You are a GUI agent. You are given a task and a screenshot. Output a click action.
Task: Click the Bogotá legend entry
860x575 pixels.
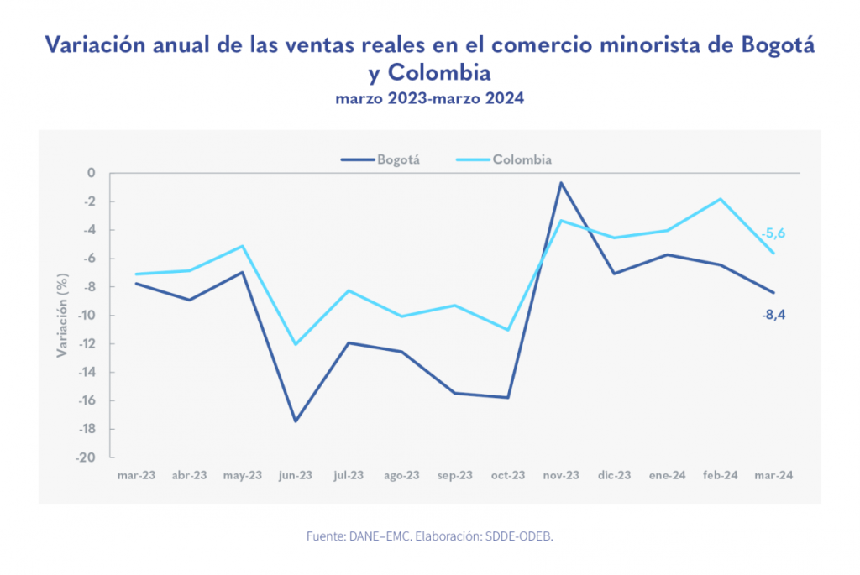coord(380,159)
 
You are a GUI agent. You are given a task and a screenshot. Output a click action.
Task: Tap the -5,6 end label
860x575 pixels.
coord(773,233)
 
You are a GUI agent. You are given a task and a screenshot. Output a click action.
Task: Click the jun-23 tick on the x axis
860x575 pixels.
coord(295,475)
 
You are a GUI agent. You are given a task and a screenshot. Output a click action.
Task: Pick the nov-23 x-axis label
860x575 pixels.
coord(561,475)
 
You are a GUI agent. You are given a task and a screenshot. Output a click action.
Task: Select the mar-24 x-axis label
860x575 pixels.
coord(774,475)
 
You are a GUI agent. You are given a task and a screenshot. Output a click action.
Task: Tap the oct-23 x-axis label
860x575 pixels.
coord(508,475)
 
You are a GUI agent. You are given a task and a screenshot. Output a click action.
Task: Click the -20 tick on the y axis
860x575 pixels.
coord(87,458)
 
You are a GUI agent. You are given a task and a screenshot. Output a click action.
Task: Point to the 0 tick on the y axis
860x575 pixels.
coord(91,173)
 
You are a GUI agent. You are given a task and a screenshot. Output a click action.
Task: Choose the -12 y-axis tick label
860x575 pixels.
coord(87,344)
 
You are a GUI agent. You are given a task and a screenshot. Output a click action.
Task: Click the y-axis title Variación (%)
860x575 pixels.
coord(61,316)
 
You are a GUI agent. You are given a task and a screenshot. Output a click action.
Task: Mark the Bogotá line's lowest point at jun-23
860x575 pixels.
coord(295,421)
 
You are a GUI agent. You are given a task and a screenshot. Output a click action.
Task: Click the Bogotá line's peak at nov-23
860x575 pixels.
coord(561,183)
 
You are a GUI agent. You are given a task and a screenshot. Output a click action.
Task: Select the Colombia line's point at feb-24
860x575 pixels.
coord(721,199)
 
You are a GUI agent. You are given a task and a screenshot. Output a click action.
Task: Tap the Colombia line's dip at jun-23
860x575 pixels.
coord(295,344)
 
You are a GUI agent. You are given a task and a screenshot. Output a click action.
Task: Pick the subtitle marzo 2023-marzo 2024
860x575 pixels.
coord(429,98)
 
